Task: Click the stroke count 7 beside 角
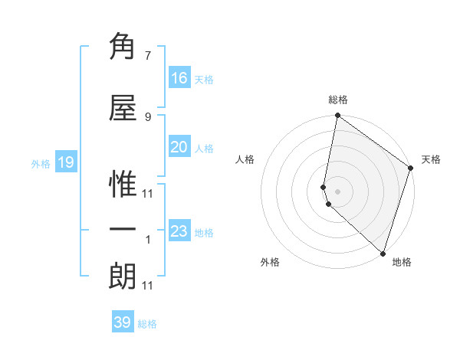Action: (x=148, y=55)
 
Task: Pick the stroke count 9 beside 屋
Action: (x=148, y=116)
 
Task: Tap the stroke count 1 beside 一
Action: (x=148, y=239)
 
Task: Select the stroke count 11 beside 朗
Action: (x=148, y=285)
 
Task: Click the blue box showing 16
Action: (x=179, y=78)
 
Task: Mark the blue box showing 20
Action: (x=179, y=147)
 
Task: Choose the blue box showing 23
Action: (x=179, y=231)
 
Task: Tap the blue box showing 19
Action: (x=65, y=162)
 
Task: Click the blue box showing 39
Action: (x=123, y=322)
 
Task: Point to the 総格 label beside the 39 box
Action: (x=147, y=324)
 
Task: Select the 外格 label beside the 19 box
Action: (x=41, y=164)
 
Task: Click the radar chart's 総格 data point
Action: (x=337, y=116)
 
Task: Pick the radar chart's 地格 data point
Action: (x=383, y=253)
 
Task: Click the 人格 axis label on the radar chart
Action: (x=245, y=159)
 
